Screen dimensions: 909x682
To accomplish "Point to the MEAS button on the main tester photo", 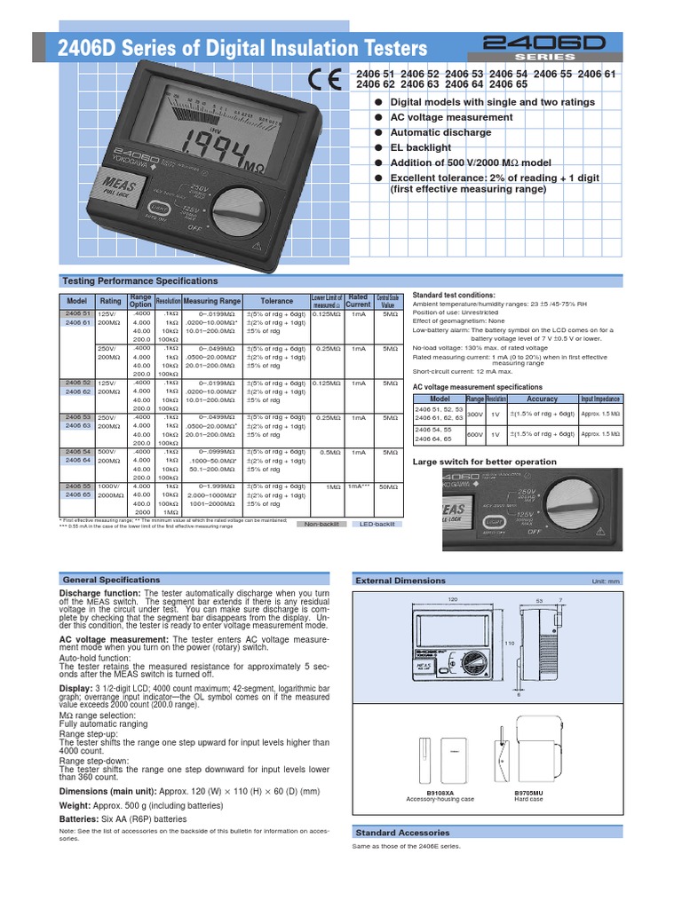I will click(113, 188).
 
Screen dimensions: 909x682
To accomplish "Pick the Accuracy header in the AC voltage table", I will click(542, 399).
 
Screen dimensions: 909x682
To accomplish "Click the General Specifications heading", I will click(110, 579).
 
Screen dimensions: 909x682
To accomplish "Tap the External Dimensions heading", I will click(400, 580).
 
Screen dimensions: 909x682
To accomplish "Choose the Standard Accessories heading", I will click(402, 833).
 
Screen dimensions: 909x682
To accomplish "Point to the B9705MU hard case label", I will click(531, 793).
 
